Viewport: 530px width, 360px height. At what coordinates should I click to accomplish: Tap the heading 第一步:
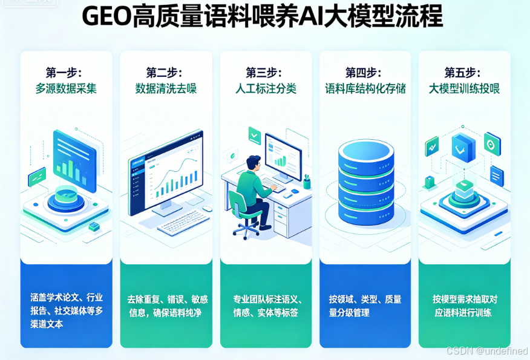(66, 72)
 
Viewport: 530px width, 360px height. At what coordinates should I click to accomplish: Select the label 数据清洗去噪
(166, 88)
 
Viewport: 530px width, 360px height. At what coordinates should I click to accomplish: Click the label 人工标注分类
(266, 88)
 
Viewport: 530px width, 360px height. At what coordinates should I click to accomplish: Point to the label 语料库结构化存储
(365, 88)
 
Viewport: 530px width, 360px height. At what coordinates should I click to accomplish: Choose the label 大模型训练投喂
(464, 88)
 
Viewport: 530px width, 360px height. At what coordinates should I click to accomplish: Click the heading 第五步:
(464, 72)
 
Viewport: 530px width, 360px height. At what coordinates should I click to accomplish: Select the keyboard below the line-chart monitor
(178, 225)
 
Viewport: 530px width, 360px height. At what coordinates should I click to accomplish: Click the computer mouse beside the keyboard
(208, 209)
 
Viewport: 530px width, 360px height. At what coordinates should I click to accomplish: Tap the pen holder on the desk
(307, 182)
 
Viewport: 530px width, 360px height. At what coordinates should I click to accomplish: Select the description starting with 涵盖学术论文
(67, 310)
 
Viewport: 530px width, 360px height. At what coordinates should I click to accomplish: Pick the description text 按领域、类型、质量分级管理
(365, 306)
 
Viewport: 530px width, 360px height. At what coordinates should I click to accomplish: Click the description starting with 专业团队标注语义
(267, 306)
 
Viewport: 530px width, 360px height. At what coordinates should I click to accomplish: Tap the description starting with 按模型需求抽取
(465, 306)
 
